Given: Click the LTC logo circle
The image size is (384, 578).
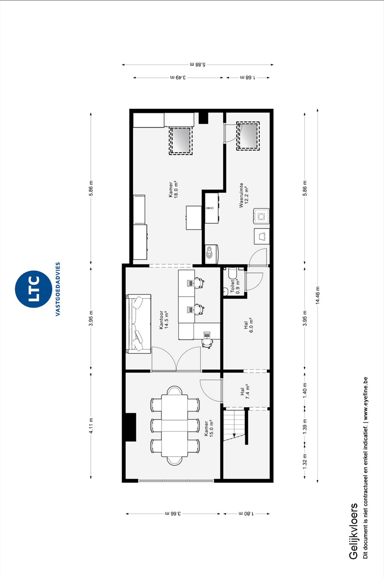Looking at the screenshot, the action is pos(33,289).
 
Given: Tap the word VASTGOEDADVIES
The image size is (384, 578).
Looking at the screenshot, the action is pos(58,289).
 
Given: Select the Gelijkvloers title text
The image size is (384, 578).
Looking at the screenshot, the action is pos(353,531).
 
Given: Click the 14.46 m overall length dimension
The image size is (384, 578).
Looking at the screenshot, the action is pos(317,295).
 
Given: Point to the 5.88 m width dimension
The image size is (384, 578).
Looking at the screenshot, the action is pos(198,64).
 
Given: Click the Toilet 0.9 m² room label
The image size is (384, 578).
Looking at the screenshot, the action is pos(235,287).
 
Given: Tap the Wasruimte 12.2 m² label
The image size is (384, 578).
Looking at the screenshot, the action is pos(244,195).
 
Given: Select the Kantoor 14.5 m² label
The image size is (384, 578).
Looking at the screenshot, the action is pos(164,320).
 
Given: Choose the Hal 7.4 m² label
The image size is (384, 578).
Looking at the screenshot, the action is pos(245,392).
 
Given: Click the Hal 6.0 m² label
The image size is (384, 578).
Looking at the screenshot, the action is pos(248,325).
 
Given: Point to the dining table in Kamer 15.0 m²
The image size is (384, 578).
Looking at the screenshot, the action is pos(175,426).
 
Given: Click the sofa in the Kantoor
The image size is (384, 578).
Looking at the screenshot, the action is pos(139,324).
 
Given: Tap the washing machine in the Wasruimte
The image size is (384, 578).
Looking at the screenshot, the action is pos(261,216).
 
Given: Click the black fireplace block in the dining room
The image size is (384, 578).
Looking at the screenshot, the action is pos(131,427).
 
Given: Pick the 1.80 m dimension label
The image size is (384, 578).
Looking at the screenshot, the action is pos(246,514).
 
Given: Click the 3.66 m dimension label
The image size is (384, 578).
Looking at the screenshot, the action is pos(173,514).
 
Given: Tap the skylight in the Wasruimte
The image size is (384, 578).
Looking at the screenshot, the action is pos(248,136).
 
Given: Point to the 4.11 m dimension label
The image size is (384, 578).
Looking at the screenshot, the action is pos(91,426).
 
